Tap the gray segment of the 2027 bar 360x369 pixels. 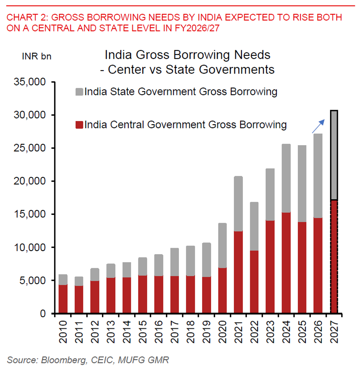334,155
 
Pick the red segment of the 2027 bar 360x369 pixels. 334,256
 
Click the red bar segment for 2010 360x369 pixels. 63,299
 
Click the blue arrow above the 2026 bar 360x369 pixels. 318,126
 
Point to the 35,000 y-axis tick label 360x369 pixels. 30,82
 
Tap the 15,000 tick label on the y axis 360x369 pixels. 30,214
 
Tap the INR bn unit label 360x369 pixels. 37,57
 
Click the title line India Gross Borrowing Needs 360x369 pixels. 187,55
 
